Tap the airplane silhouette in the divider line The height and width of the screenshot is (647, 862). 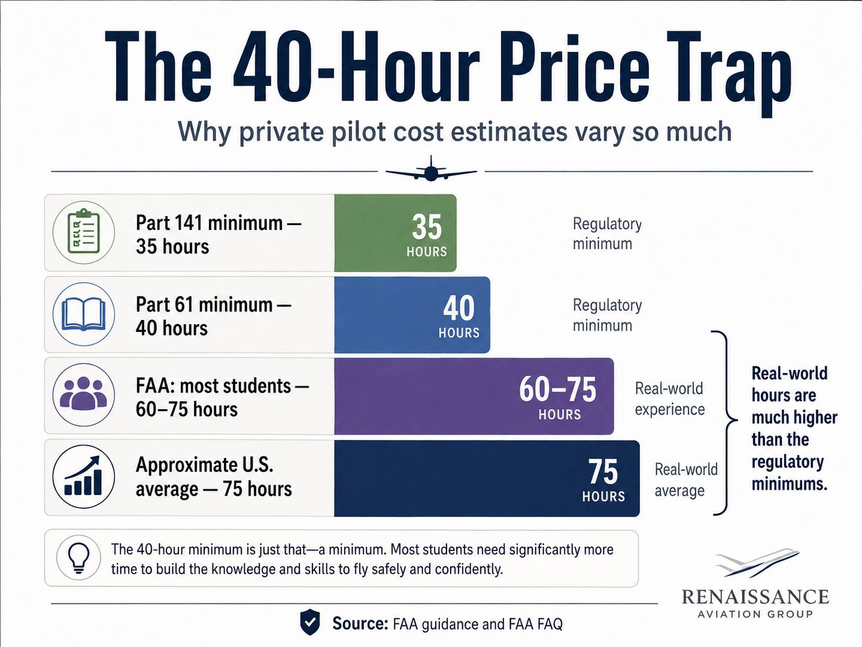click(431, 169)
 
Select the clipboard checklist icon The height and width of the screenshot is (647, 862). click(84, 232)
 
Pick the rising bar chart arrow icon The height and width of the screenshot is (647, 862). click(84, 477)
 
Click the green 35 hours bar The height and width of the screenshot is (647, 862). click(395, 232)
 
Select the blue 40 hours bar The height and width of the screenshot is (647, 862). click(413, 315)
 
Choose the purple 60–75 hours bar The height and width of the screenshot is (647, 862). click(474, 396)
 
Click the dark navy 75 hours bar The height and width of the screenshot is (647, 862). click(487, 478)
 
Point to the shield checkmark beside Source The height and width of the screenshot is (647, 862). click(310, 622)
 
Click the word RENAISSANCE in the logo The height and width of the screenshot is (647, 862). click(755, 597)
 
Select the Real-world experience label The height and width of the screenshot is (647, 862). click(670, 399)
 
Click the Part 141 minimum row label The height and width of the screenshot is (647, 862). click(218, 235)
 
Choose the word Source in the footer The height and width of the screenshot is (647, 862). click(360, 623)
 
